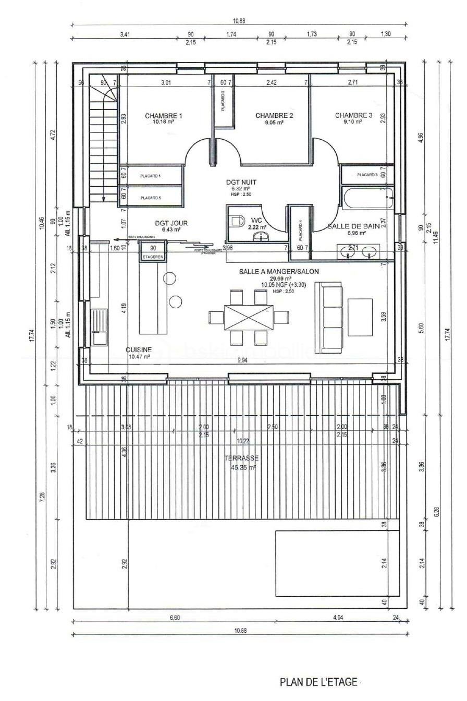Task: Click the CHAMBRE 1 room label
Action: coord(163,116)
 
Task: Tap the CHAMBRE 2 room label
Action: coord(274,116)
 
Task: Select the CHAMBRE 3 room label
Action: coord(353,116)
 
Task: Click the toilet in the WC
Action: coord(237,221)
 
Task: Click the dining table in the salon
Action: coord(248,317)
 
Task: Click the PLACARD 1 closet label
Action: coord(151,176)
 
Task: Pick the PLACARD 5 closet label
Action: coord(151,198)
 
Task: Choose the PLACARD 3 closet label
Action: coord(367,175)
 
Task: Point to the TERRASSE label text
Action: coord(241,458)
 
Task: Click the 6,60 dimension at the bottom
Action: coord(175,618)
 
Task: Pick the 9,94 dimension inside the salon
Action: coord(242,360)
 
